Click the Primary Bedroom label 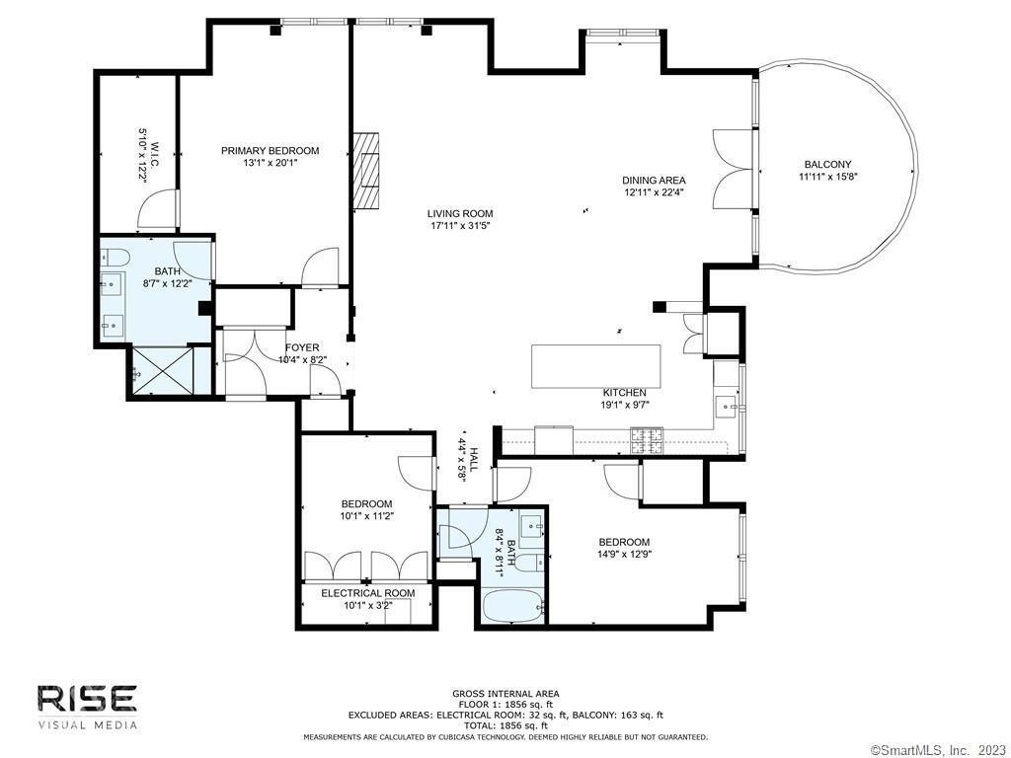coord(271,151)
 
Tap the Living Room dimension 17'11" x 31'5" coord(460,226)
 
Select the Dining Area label coord(654,181)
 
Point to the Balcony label coord(828,165)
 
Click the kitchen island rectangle coord(595,366)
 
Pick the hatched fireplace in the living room coord(365,171)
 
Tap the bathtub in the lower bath coord(512,607)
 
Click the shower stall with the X coord(163,371)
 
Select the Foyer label coord(302,348)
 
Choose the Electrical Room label coord(368,593)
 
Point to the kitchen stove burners coord(647,441)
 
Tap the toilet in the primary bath coord(115,258)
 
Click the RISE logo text coord(87,699)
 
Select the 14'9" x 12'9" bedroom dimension coord(624,553)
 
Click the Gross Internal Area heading coord(505,694)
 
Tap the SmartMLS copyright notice coord(940,750)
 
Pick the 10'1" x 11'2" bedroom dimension coord(367,515)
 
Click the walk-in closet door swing coord(157,209)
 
